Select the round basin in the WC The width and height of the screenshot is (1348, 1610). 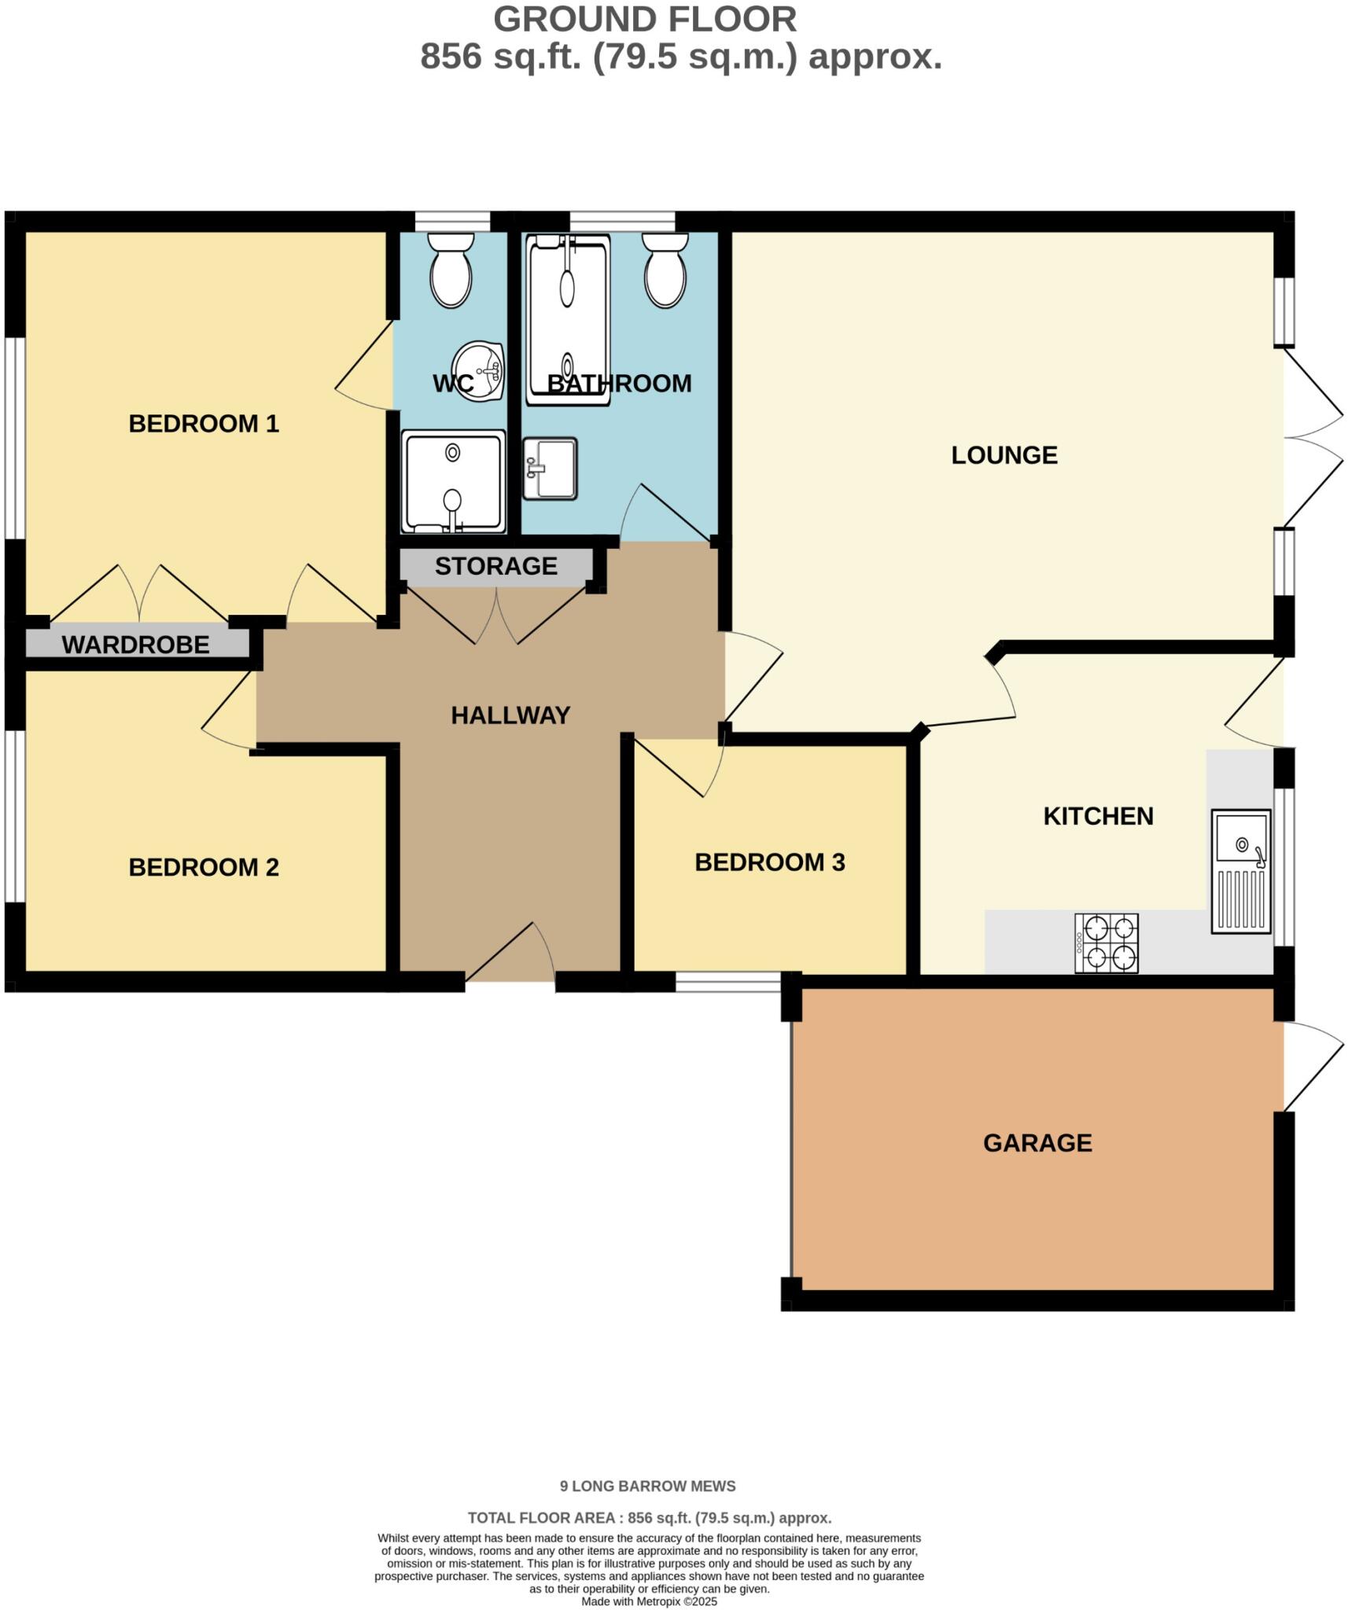[x=480, y=371]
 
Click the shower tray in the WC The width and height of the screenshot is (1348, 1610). [x=452, y=481]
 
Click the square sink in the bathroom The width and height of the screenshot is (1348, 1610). [x=550, y=469]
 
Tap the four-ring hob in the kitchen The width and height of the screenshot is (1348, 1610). [x=1106, y=943]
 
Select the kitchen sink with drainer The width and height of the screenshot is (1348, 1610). [x=1240, y=871]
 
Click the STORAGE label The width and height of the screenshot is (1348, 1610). [x=495, y=566]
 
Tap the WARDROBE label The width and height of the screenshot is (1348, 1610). [x=135, y=645]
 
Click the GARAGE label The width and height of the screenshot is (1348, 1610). [x=1037, y=1142]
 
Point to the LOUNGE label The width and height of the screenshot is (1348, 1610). [x=1004, y=455]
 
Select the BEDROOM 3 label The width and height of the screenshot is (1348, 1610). [x=769, y=862]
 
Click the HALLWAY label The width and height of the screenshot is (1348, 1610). [x=510, y=715]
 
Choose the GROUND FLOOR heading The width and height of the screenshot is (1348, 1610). [x=645, y=20]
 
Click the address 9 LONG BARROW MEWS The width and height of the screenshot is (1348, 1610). [x=647, y=1486]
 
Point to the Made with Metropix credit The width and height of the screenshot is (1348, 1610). [x=649, y=1601]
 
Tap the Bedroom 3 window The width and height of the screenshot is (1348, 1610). [x=727, y=981]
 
